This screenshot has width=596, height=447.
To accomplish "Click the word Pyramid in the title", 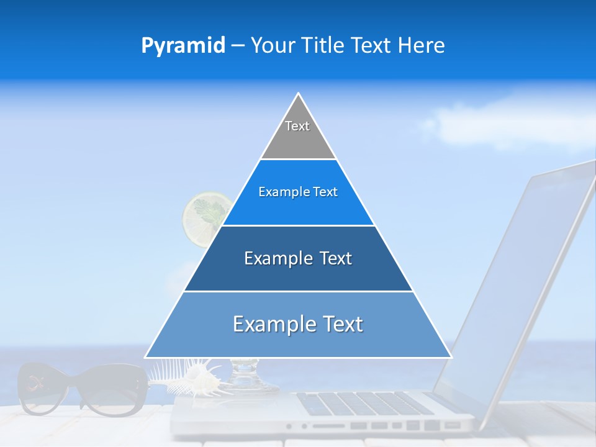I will click(x=183, y=46).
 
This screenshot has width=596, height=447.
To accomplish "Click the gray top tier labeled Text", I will click(x=297, y=133).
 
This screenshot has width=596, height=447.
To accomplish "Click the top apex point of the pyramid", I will click(x=299, y=94).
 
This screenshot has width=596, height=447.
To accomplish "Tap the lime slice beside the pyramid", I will click(x=205, y=217).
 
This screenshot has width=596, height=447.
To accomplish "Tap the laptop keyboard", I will click(x=366, y=404).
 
